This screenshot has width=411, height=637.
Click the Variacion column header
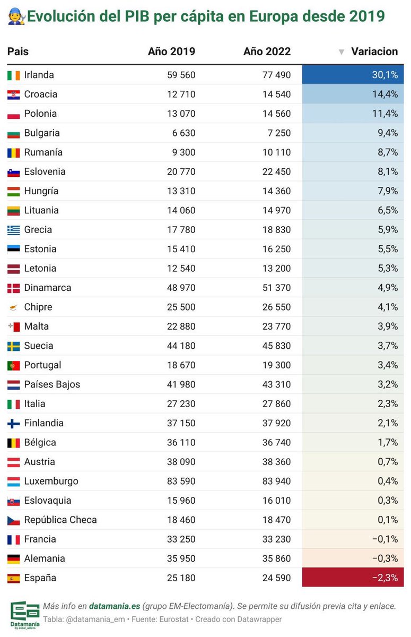pos(374,51)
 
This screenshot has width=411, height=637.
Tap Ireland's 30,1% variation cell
pos(353,75)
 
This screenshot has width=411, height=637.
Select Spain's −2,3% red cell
pos(353,578)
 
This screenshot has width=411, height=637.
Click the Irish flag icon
pos(14,75)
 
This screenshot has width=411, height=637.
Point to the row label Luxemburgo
pos(51,481)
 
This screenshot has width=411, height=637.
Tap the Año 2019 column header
pos(171,51)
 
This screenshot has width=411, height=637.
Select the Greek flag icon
pos(14,230)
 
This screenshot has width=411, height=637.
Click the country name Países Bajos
pos(52,384)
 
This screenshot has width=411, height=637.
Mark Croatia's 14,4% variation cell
pos(353,94)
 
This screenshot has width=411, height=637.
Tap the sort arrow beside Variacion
pos(342,52)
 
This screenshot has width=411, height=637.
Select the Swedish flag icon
pos(14,346)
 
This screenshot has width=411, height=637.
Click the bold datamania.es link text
pos(115,606)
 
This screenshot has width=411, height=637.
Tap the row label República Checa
pos(60,520)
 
